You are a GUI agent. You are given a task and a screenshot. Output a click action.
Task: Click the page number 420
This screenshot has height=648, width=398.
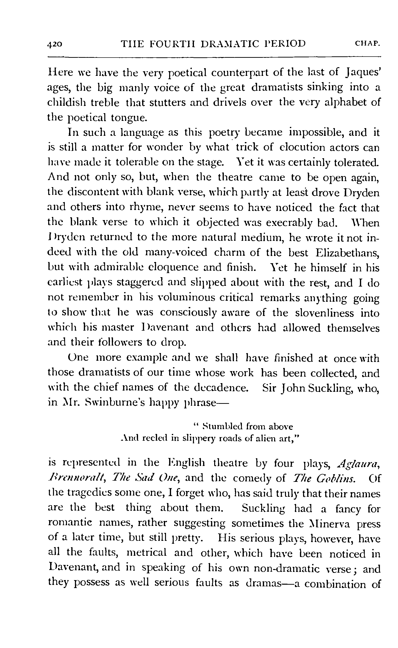coord(55,44)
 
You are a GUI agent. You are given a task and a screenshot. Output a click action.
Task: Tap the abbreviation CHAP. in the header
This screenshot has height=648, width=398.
coord(367,43)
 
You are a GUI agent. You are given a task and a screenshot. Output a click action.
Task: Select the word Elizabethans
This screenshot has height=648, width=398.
coord(347,253)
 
